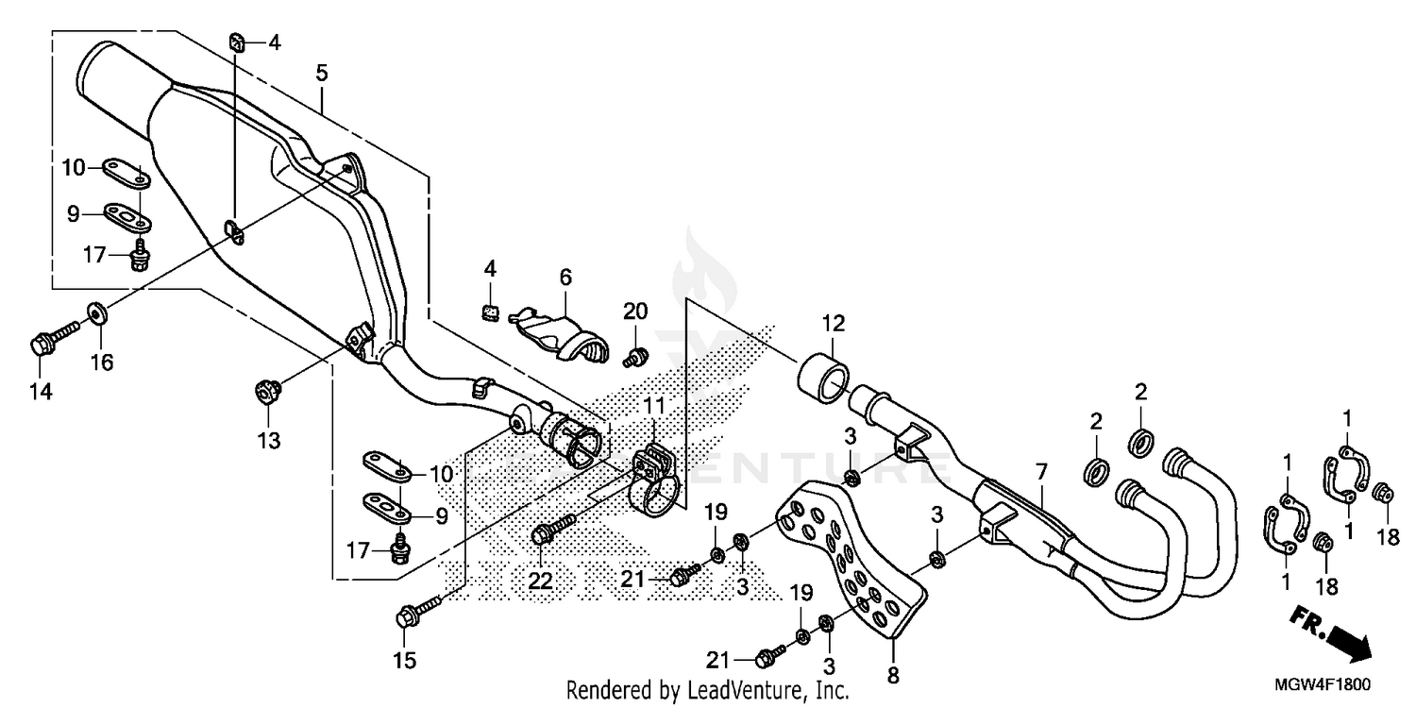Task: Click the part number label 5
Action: point(322,72)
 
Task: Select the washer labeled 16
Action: point(97,312)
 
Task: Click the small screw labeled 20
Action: point(636,356)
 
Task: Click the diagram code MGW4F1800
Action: point(1331,685)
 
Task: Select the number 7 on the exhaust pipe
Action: point(1040,469)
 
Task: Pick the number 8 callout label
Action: point(893,675)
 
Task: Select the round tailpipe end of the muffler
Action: point(109,80)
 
